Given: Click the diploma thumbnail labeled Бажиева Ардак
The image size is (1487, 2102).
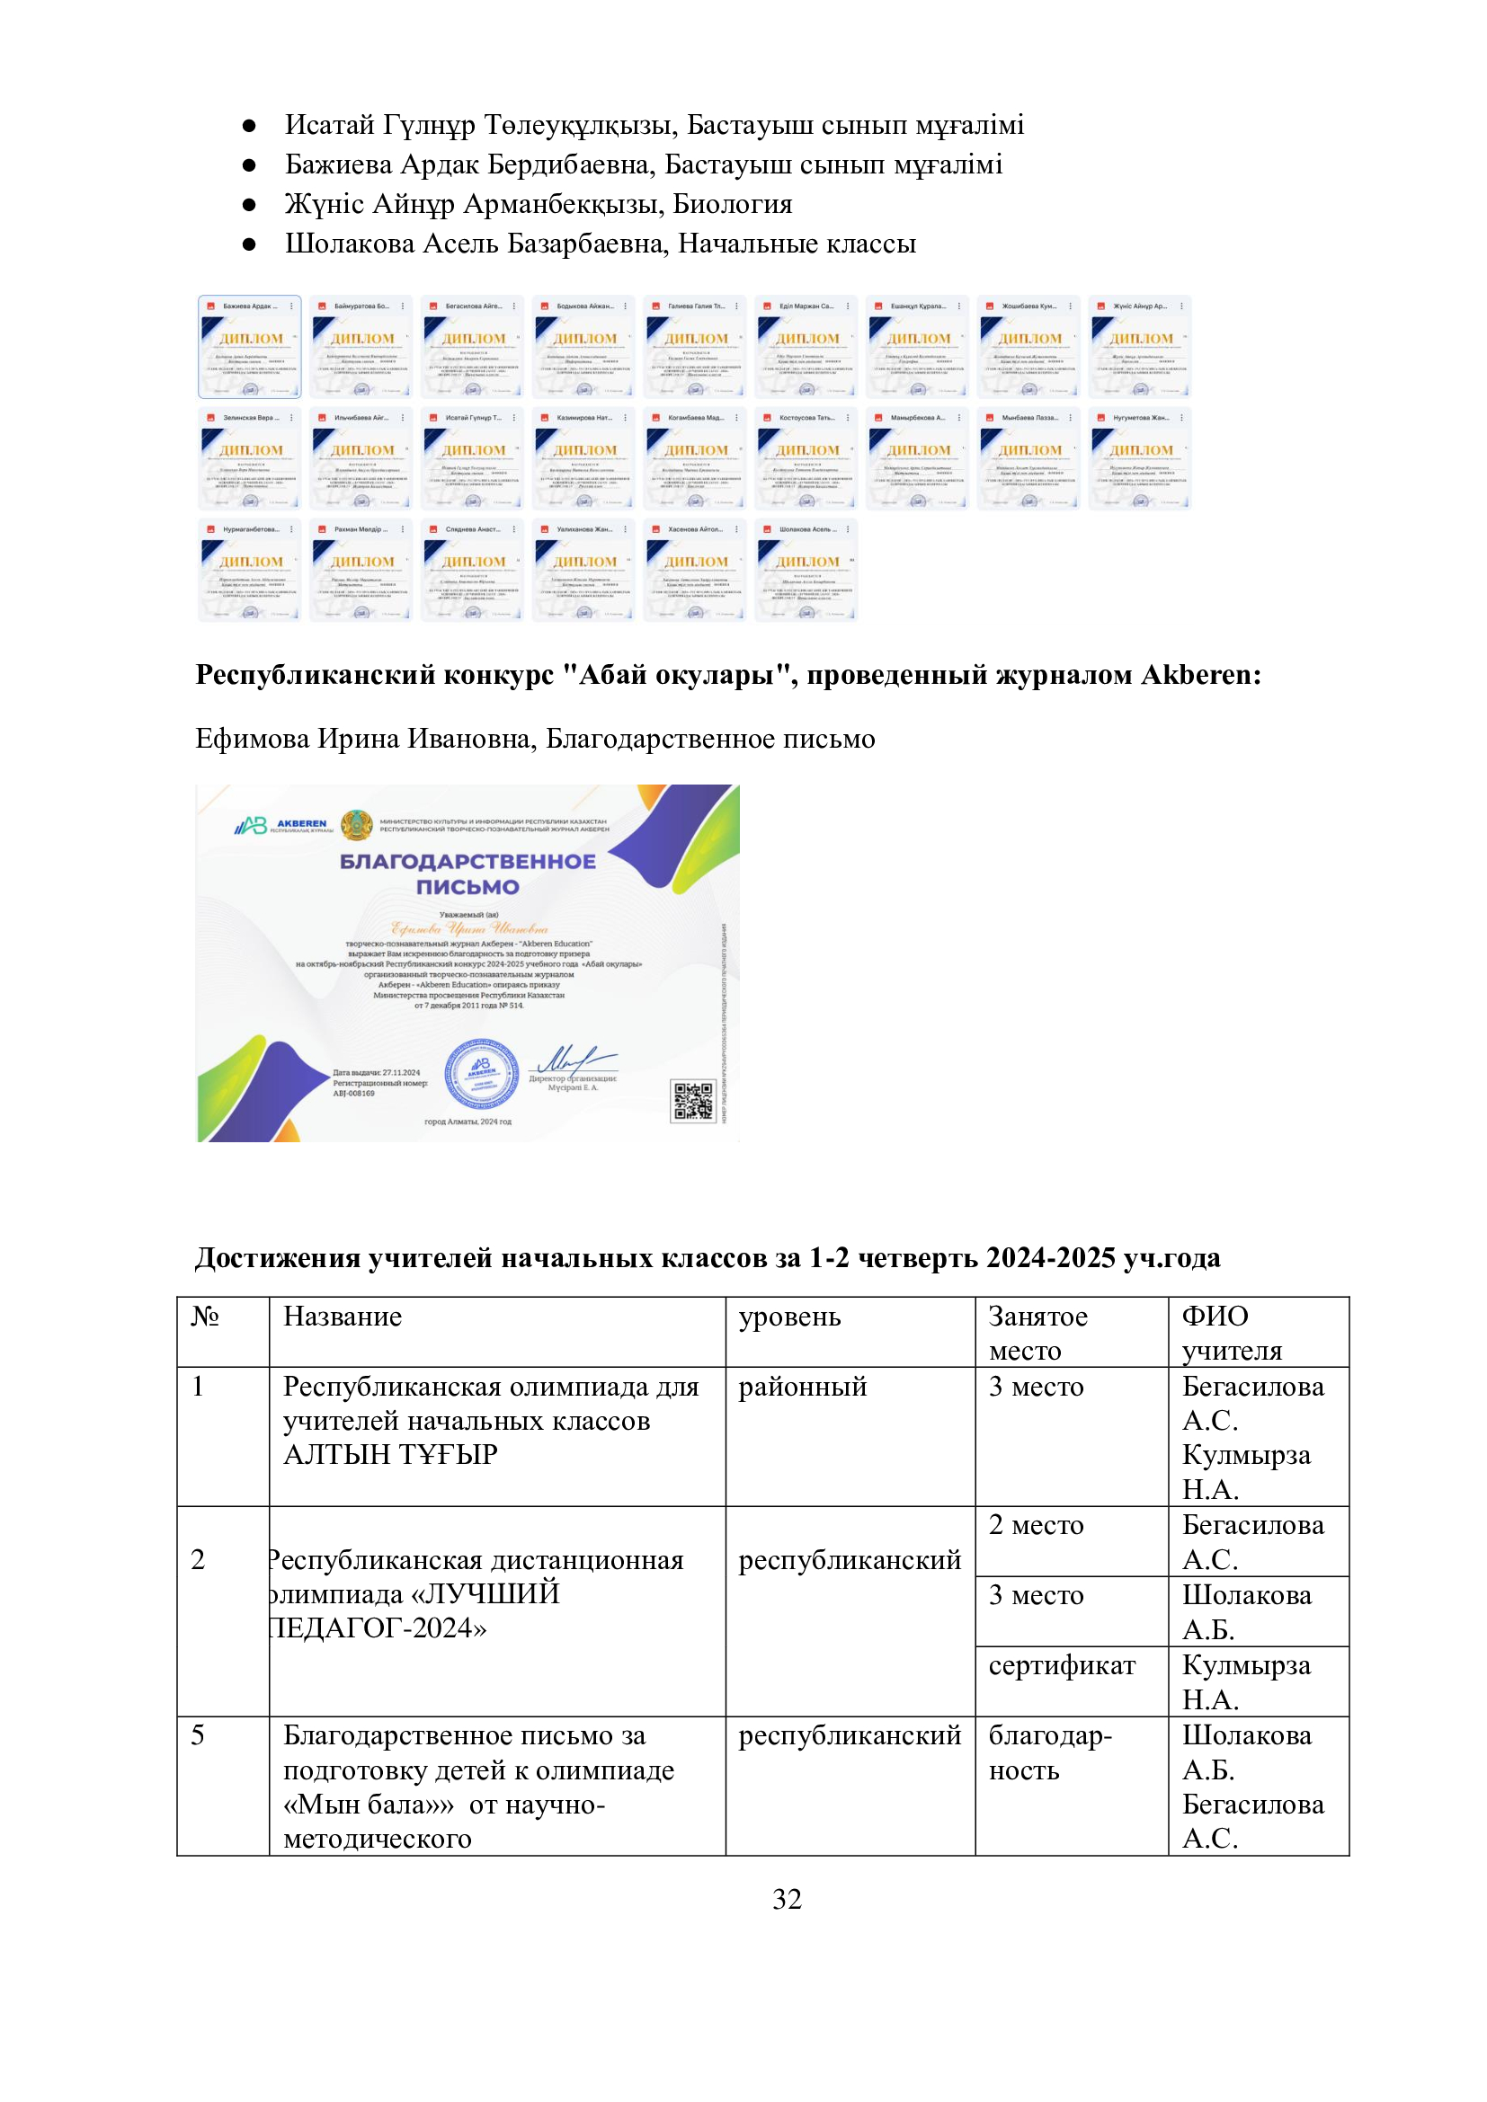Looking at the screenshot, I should [249, 347].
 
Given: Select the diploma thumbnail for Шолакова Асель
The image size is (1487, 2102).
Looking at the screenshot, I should [806, 571].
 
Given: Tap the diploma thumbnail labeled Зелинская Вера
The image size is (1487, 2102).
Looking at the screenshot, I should [249, 458].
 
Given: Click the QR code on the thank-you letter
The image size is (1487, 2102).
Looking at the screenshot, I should [692, 1101].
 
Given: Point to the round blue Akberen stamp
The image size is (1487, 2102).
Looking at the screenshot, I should [482, 1074].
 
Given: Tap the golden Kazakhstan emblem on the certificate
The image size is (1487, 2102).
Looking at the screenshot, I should [357, 825].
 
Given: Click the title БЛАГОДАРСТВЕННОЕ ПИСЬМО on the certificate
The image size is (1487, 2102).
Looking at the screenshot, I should [467, 874].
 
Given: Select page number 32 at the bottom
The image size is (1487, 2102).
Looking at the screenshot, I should [787, 1899].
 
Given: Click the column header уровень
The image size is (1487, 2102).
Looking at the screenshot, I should [789, 1317].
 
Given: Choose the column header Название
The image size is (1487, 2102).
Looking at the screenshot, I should [343, 1317].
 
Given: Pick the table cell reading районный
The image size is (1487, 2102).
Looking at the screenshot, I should [802, 1386].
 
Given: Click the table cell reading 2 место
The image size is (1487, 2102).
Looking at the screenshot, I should [1036, 1525].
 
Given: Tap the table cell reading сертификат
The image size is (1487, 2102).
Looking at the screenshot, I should [1061, 1665].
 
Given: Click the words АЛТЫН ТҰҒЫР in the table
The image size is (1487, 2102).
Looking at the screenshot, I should [390, 1455].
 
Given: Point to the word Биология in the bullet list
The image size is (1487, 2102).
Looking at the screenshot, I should [733, 204].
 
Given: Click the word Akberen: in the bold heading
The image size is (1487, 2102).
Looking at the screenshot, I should [1200, 675].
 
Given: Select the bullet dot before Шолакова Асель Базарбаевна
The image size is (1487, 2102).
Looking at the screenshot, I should [249, 244].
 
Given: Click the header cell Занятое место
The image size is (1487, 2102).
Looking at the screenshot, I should [1037, 1333].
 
